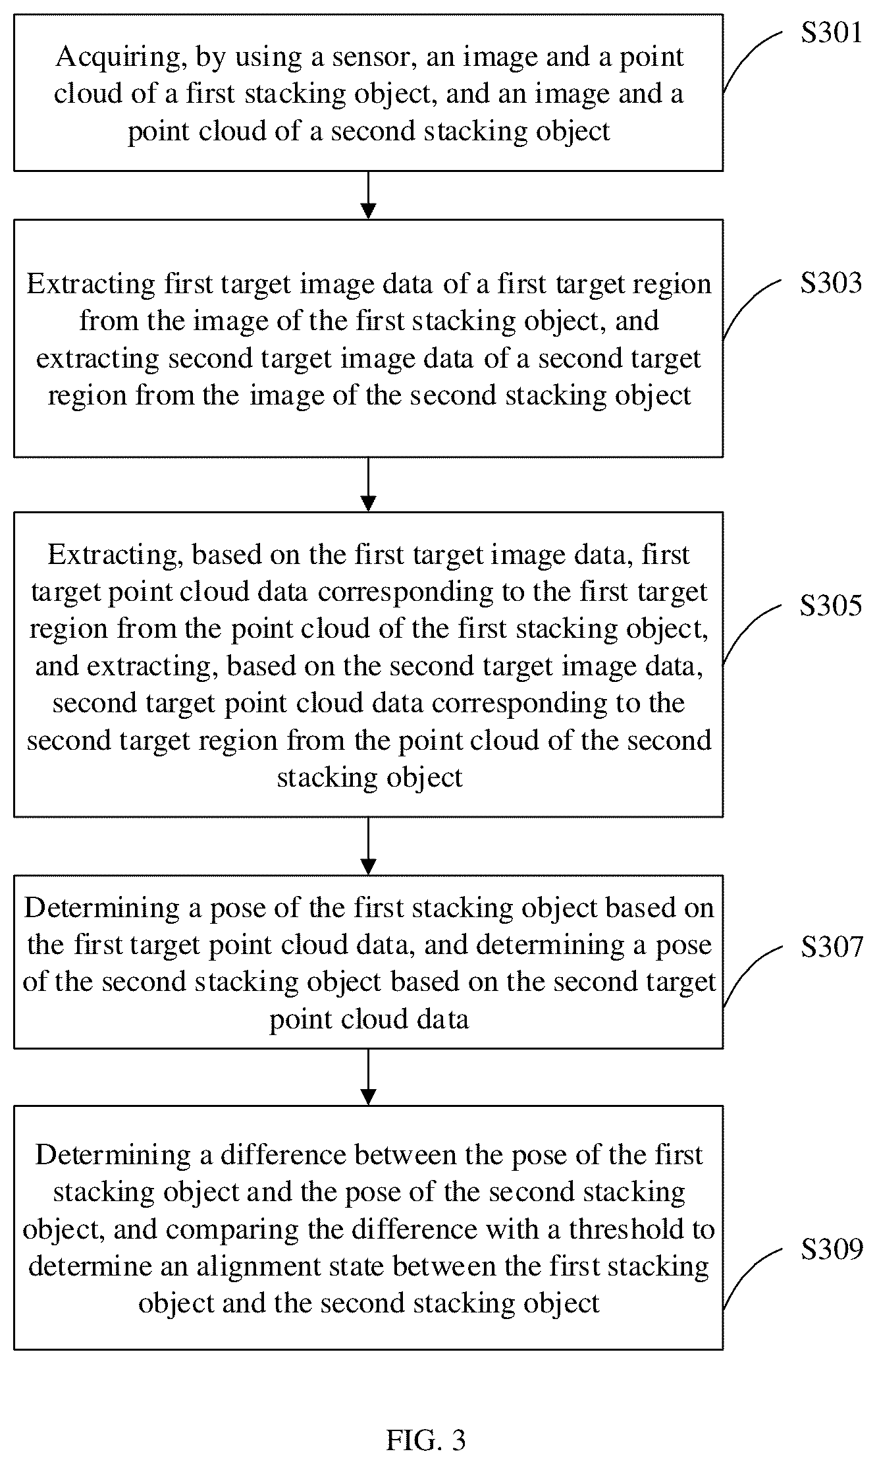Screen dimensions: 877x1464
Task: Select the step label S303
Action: (831, 283)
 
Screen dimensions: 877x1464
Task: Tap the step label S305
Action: (831, 605)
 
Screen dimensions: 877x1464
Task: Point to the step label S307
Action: (831, 947)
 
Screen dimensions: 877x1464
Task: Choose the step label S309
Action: (831, 1249)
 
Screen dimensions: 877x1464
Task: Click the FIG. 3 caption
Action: (426, 1441)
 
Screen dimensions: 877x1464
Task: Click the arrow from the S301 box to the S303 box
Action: (369, 195)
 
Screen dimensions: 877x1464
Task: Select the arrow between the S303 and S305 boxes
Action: (369, 484)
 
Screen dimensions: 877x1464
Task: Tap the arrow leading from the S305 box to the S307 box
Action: (369, 846)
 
